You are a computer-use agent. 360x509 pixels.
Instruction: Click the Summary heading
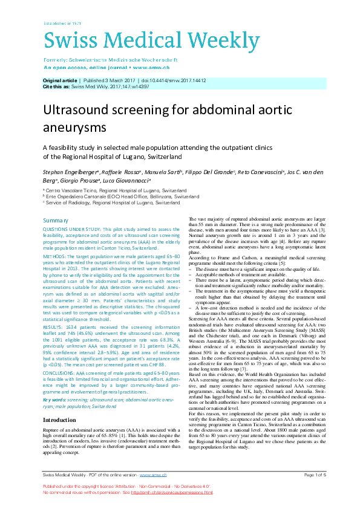[56, 220]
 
